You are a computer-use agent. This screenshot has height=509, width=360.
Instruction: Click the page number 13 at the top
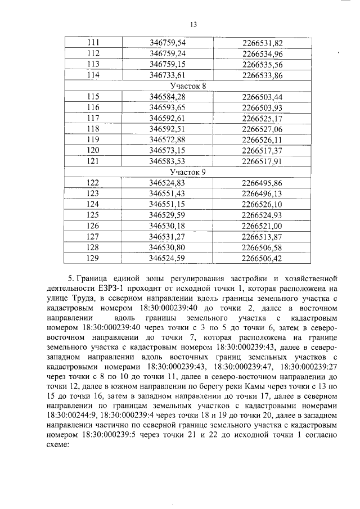(193, 24)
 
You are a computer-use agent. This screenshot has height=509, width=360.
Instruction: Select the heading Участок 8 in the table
(187, 85)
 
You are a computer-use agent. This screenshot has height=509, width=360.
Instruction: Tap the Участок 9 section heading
(187, 172)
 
